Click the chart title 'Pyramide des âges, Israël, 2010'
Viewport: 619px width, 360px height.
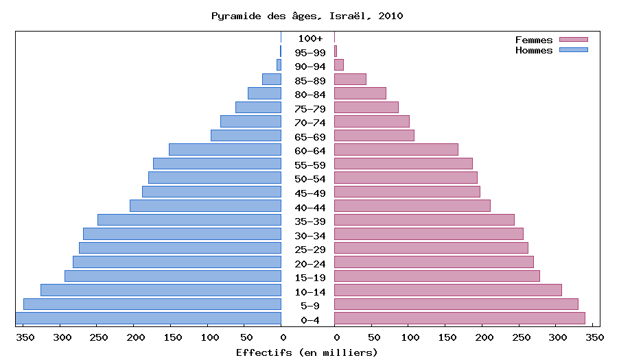(307, 15)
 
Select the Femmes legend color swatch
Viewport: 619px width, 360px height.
(573, 40)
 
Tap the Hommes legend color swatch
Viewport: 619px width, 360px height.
(573, 50)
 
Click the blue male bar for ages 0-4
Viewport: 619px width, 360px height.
(148, 318)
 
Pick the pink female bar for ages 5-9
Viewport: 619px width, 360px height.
(456, 304)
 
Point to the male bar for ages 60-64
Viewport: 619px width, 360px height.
(225, 149)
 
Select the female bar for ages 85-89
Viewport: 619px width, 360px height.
(350, 79)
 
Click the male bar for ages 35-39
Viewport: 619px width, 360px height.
(189, 219)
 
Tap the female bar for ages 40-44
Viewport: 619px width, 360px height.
(412, 206)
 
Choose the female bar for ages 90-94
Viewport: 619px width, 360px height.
(339, 65)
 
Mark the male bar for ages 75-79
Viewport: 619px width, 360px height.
(258, 107)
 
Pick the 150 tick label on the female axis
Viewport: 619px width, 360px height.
(446, 337)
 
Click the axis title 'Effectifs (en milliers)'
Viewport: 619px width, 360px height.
(307, 352)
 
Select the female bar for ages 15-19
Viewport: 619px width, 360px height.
(436, 276)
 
